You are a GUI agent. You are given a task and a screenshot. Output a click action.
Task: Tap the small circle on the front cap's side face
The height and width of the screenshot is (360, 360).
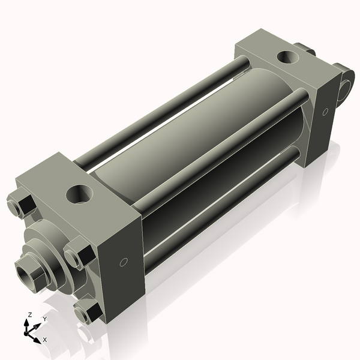tap(124, 262)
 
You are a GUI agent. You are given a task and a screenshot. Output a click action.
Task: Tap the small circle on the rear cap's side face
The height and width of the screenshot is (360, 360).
tap(325, 112)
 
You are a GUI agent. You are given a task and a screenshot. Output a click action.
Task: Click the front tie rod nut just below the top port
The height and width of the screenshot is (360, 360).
tap(77, 255)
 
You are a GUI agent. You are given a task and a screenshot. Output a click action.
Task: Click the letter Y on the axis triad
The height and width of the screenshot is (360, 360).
tap(44, 319)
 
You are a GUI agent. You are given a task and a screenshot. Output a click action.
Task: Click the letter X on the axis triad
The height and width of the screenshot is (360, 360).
tap(44, 339)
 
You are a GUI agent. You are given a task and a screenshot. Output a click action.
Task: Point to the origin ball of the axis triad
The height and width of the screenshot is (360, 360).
tap(28, 330)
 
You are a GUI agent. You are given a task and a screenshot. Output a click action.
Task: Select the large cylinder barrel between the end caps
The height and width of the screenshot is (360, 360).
tap(198, 138)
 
